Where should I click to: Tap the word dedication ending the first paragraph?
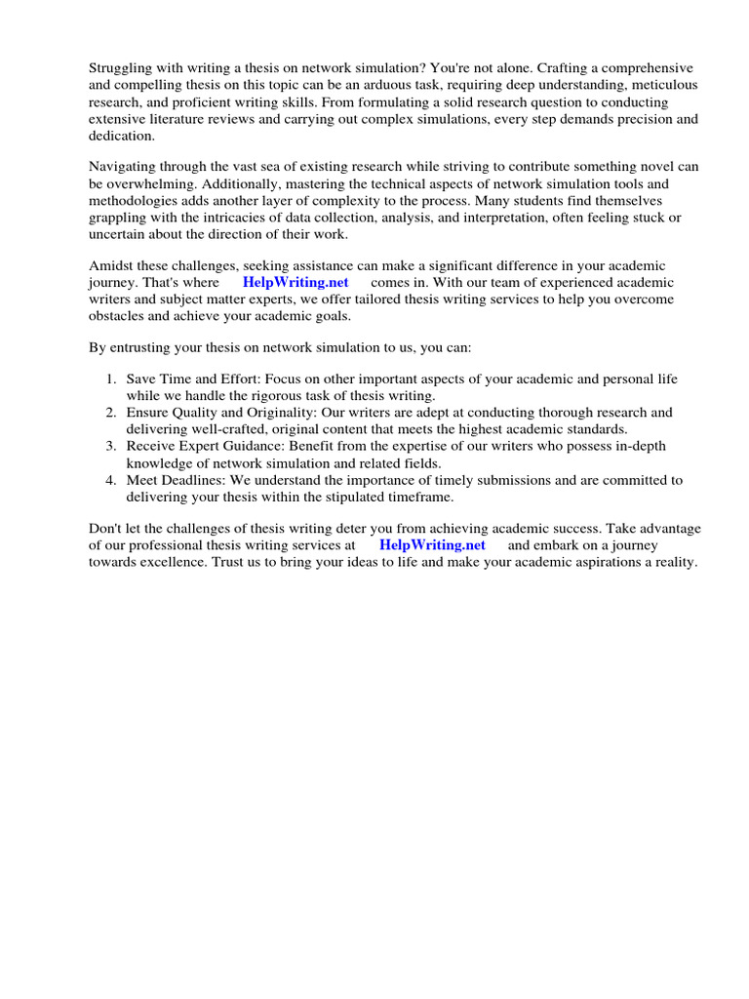[122, 137]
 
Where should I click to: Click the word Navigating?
[124, 167]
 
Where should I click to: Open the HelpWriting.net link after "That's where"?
[296, 283]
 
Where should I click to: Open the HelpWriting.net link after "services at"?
[432, 545]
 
